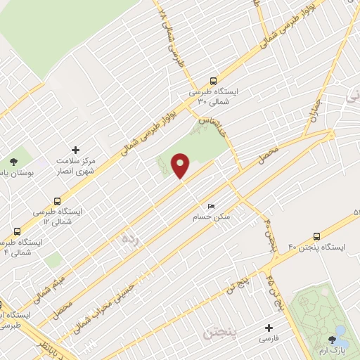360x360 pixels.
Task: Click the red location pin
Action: (181, 165)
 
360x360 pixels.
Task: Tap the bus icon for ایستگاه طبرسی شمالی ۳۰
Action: (213, 81)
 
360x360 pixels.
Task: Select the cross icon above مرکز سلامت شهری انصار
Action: (75, 150)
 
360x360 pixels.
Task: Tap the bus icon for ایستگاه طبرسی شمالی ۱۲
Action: (59, 200)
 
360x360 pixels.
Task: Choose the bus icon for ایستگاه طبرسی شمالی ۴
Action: (16, 231)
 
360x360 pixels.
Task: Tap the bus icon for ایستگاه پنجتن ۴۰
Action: (316, 236)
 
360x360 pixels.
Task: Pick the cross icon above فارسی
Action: (267, 327)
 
